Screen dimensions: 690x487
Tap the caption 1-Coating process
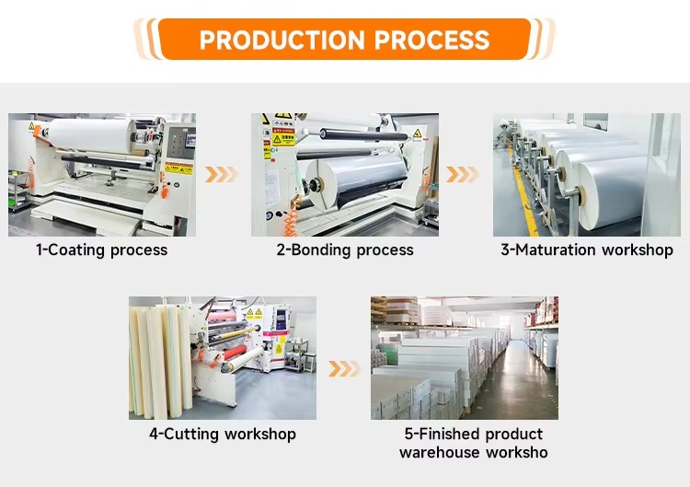pyautogui.click(x=102, y=249)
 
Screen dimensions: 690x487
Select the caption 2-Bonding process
pyautogui.click(x=345, y=249)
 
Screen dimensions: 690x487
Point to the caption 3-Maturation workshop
pyautogui.click(x=587, y=249)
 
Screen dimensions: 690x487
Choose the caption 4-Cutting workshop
pyautogui.click(x=223, y=434)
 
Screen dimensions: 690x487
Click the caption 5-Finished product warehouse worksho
pyautogui.click(x=473, y=443)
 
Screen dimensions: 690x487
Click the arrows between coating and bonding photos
pyautogui.click(x=222, y=174)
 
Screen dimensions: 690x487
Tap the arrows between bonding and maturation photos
pyautogui.click(x=464, y=174)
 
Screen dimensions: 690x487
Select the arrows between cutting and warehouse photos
pyautogui.click(x=343, y=368)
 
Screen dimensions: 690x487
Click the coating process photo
pyautogui.click(x=102, y=175)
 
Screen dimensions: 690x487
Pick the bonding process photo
pyautogui.click(x=345, y=175)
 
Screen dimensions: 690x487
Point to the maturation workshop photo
pyautogui.click(x=587, y=175)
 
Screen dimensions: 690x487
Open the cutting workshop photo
pyautogui.click(x=223, y=358)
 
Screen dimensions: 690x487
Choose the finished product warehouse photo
pyautogui.click(x=465, y=358)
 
